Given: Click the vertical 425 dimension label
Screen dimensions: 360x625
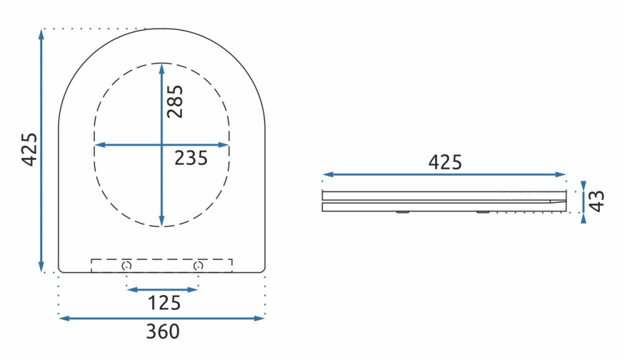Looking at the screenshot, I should [x=29, y=149].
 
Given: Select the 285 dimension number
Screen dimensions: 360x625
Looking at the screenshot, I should [x=175, y=101].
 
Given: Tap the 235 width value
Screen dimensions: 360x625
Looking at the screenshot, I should [x=191, y=158].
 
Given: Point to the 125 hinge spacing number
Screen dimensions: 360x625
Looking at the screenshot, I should [x=164, y=303].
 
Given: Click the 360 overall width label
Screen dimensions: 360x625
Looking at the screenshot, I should [x=162, y=332].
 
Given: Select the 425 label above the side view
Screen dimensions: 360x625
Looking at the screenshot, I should [x=444, y=162].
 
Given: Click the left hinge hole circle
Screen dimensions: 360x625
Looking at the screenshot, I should [x=127, y=266].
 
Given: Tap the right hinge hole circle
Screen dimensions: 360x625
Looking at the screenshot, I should [x=198, y=266].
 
